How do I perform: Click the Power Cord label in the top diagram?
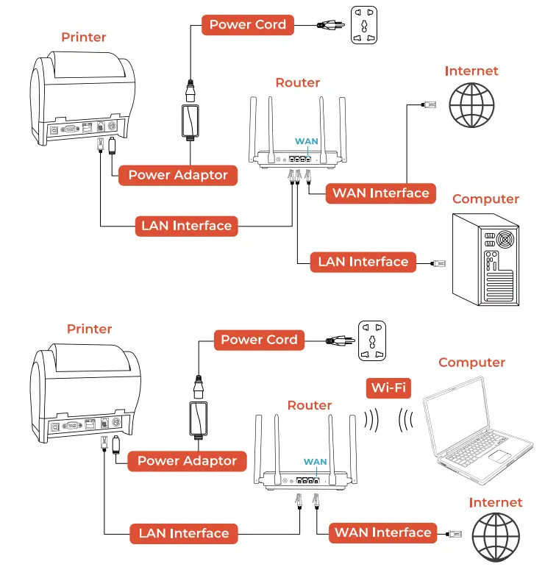pos(248,25)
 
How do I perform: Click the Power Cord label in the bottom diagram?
pos(259,340)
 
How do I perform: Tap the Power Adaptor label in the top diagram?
pos(178,175)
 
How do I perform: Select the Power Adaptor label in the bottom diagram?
pos(187,461)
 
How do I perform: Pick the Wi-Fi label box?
pos(388,388)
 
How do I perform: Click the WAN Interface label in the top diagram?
pos(380,193)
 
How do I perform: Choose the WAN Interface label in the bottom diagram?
pos(382,532)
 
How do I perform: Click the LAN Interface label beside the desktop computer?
pos(363,262)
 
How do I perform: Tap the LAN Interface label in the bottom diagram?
pos(184,533)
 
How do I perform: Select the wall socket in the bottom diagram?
pos(372,340)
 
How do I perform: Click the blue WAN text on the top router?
pos(306,140)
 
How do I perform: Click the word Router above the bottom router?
pos(309,405)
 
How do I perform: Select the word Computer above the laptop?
pos(471,363)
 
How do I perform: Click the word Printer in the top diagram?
pos(83,38)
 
